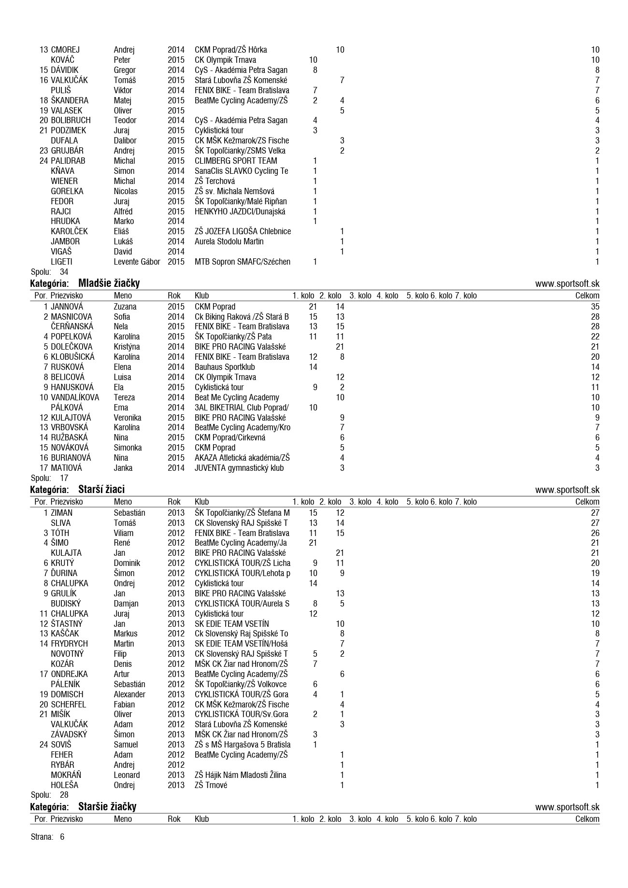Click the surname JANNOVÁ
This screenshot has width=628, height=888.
(67, 307)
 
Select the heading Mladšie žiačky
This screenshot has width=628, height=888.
(109, 283)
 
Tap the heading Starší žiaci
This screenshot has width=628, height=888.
(101, 489)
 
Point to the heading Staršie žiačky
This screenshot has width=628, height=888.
(107, 806)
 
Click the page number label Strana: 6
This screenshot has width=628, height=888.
(47, 837)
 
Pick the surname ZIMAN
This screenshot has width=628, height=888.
(61, 513)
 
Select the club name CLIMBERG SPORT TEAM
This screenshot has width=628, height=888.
(236, 161)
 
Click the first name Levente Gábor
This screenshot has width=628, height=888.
(137, 262)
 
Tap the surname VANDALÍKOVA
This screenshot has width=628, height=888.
(75, 397)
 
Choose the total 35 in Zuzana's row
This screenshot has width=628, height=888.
(595, 307)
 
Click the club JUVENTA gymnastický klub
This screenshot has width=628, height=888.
(239, 468)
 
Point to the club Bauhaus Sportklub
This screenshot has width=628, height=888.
(225, 367)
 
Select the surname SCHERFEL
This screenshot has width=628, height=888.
(68, 705)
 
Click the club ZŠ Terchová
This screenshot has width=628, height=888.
(214, 181)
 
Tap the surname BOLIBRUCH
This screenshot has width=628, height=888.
(71, 120)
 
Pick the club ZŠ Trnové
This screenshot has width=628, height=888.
(211, 785)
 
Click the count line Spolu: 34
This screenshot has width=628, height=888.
(49, 272)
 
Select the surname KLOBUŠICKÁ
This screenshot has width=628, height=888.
(72, 357)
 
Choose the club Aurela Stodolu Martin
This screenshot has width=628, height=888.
(229, 241)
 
